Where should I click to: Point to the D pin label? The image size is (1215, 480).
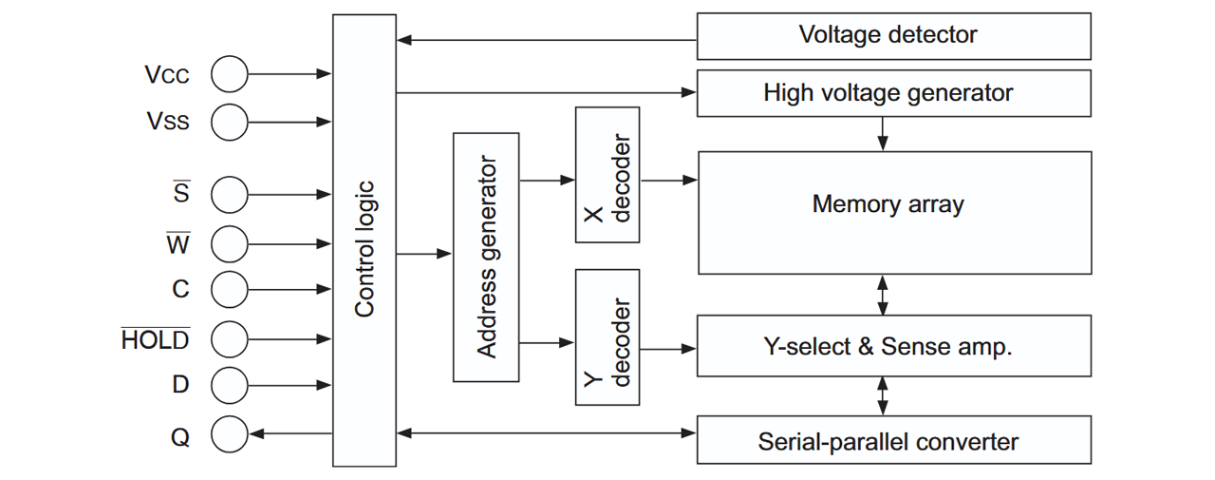tap(180, 384)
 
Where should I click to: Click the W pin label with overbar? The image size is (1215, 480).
tap(178, 242)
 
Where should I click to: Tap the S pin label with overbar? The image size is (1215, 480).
tap(181, 191)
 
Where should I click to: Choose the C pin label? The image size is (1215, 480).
tap(180, 289)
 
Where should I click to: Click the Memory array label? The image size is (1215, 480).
tap(888, 204)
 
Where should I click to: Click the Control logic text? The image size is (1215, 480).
tap(364, 249)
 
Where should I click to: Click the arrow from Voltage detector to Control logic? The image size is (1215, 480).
tap(546, 40)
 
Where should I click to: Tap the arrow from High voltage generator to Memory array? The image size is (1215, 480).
tap(883, 134)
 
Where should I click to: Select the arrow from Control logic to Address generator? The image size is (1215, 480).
tap(424, 254)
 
